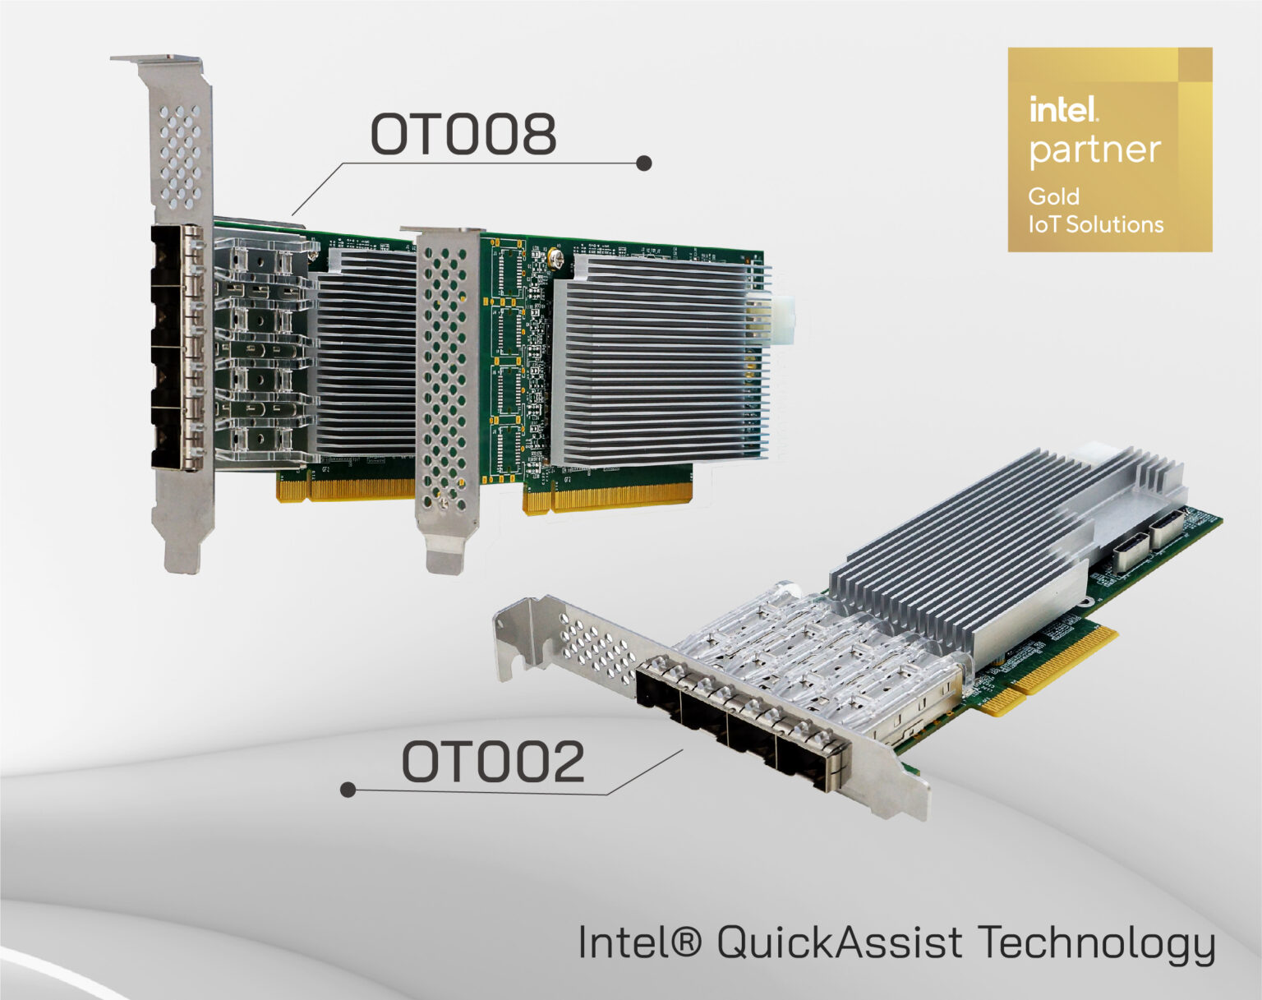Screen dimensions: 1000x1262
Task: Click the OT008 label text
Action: (x=463, y=134)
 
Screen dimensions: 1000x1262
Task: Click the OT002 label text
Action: (x=493, y=762)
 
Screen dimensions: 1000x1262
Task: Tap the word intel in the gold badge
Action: (x=1063, y=109)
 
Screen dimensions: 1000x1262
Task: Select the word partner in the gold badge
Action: (x=1094, y=150)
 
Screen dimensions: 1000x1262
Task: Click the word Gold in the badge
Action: (x=1053, y=196)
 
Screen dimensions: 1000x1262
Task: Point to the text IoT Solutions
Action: (x=1096, y=224)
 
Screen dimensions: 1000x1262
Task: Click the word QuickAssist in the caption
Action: (x=839, y=942)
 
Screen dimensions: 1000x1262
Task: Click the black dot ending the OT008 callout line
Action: (x=644, y=164)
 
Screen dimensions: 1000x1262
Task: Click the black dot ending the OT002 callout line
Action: (x=348, y=790)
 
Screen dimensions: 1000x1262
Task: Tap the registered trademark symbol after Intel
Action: (x=686, y=941)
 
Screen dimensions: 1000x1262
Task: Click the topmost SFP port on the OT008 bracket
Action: (x=176, y=254)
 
